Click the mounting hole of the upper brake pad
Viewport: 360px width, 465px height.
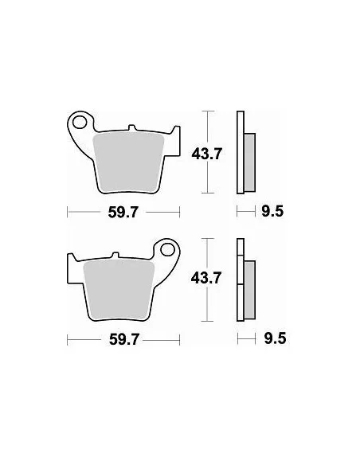click(x=78, y=123)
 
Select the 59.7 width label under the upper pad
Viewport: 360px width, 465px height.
click(x=123, y=212)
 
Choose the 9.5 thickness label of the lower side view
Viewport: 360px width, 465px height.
click(x=272, y=338)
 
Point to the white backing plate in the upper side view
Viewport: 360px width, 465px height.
click(x=239, y=151)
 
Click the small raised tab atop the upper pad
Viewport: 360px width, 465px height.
click(x=133, y=129)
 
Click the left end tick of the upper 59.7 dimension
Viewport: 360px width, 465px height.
click(x=68, y=212)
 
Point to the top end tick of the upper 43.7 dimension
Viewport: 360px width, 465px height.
click(x=208, y=111)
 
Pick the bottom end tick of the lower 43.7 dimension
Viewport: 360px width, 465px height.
click(x=208, y=320)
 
